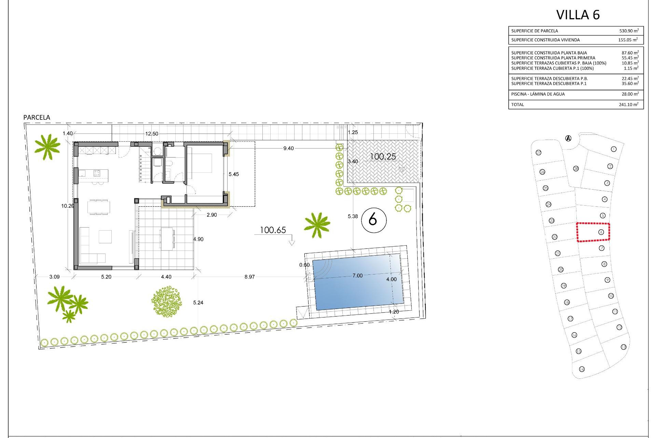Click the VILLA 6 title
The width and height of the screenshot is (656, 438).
coord(578,15)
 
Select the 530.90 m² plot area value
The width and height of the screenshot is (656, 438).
coord(629,31)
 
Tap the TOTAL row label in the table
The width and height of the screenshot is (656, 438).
coord(517,105)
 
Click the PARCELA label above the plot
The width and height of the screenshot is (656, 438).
coord(37,117)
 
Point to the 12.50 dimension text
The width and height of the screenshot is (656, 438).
coord(152,134)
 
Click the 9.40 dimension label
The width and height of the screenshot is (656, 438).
coord(288,149)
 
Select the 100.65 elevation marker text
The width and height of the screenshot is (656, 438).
coord(273,230)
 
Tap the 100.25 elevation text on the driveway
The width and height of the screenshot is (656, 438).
coord(383,157)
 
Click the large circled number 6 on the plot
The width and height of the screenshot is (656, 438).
coord(373,220)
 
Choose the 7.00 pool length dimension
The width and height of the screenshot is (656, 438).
coord(357,276)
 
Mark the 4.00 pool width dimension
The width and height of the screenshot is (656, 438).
coord(392,280)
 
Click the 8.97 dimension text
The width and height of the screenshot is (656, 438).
coord(249,277)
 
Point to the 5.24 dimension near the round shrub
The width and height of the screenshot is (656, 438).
coord(198,302)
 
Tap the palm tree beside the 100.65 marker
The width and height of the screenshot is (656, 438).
coord(317,225)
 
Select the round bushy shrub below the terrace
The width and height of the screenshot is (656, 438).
coord(166,301)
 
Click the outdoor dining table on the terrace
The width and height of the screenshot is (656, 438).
coord(167,239)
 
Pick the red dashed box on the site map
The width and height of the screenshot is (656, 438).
coord(593,232)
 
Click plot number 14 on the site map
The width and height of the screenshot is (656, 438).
coord(582,369)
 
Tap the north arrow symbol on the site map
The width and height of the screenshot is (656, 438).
coord(568,138)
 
